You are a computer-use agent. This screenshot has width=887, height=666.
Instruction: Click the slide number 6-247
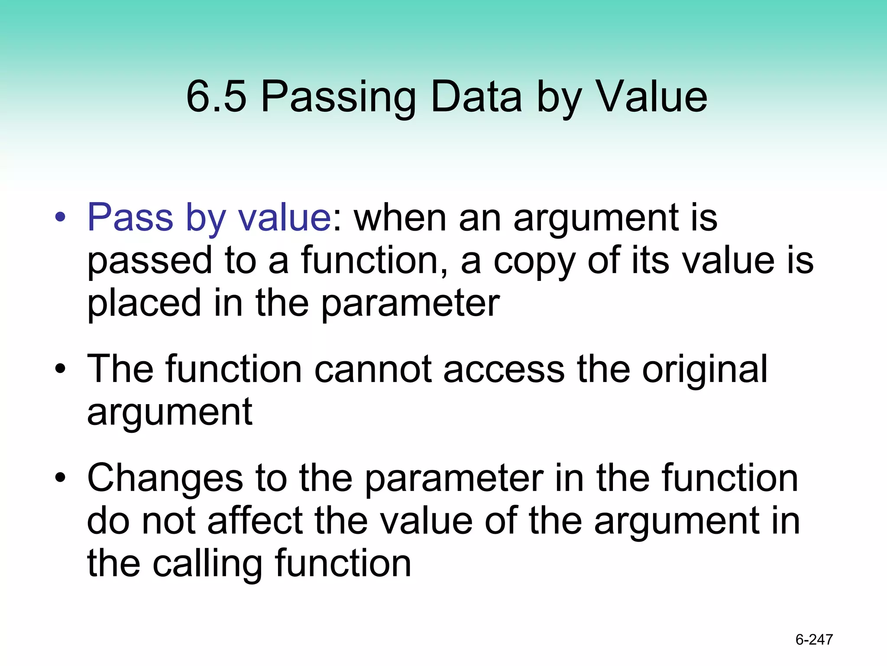click(814, 640)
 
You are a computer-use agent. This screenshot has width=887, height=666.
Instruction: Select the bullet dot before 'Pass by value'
click(60, 217)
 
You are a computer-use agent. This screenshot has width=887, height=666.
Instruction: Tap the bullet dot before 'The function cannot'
click(60, 369)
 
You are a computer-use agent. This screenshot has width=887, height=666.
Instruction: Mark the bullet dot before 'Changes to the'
click(60, 478)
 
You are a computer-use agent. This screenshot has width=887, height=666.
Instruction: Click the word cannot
click(372, 369)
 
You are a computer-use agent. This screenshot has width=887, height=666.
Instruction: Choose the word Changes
click(165, 478)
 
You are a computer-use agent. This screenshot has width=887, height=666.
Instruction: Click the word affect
click(255, 521)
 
